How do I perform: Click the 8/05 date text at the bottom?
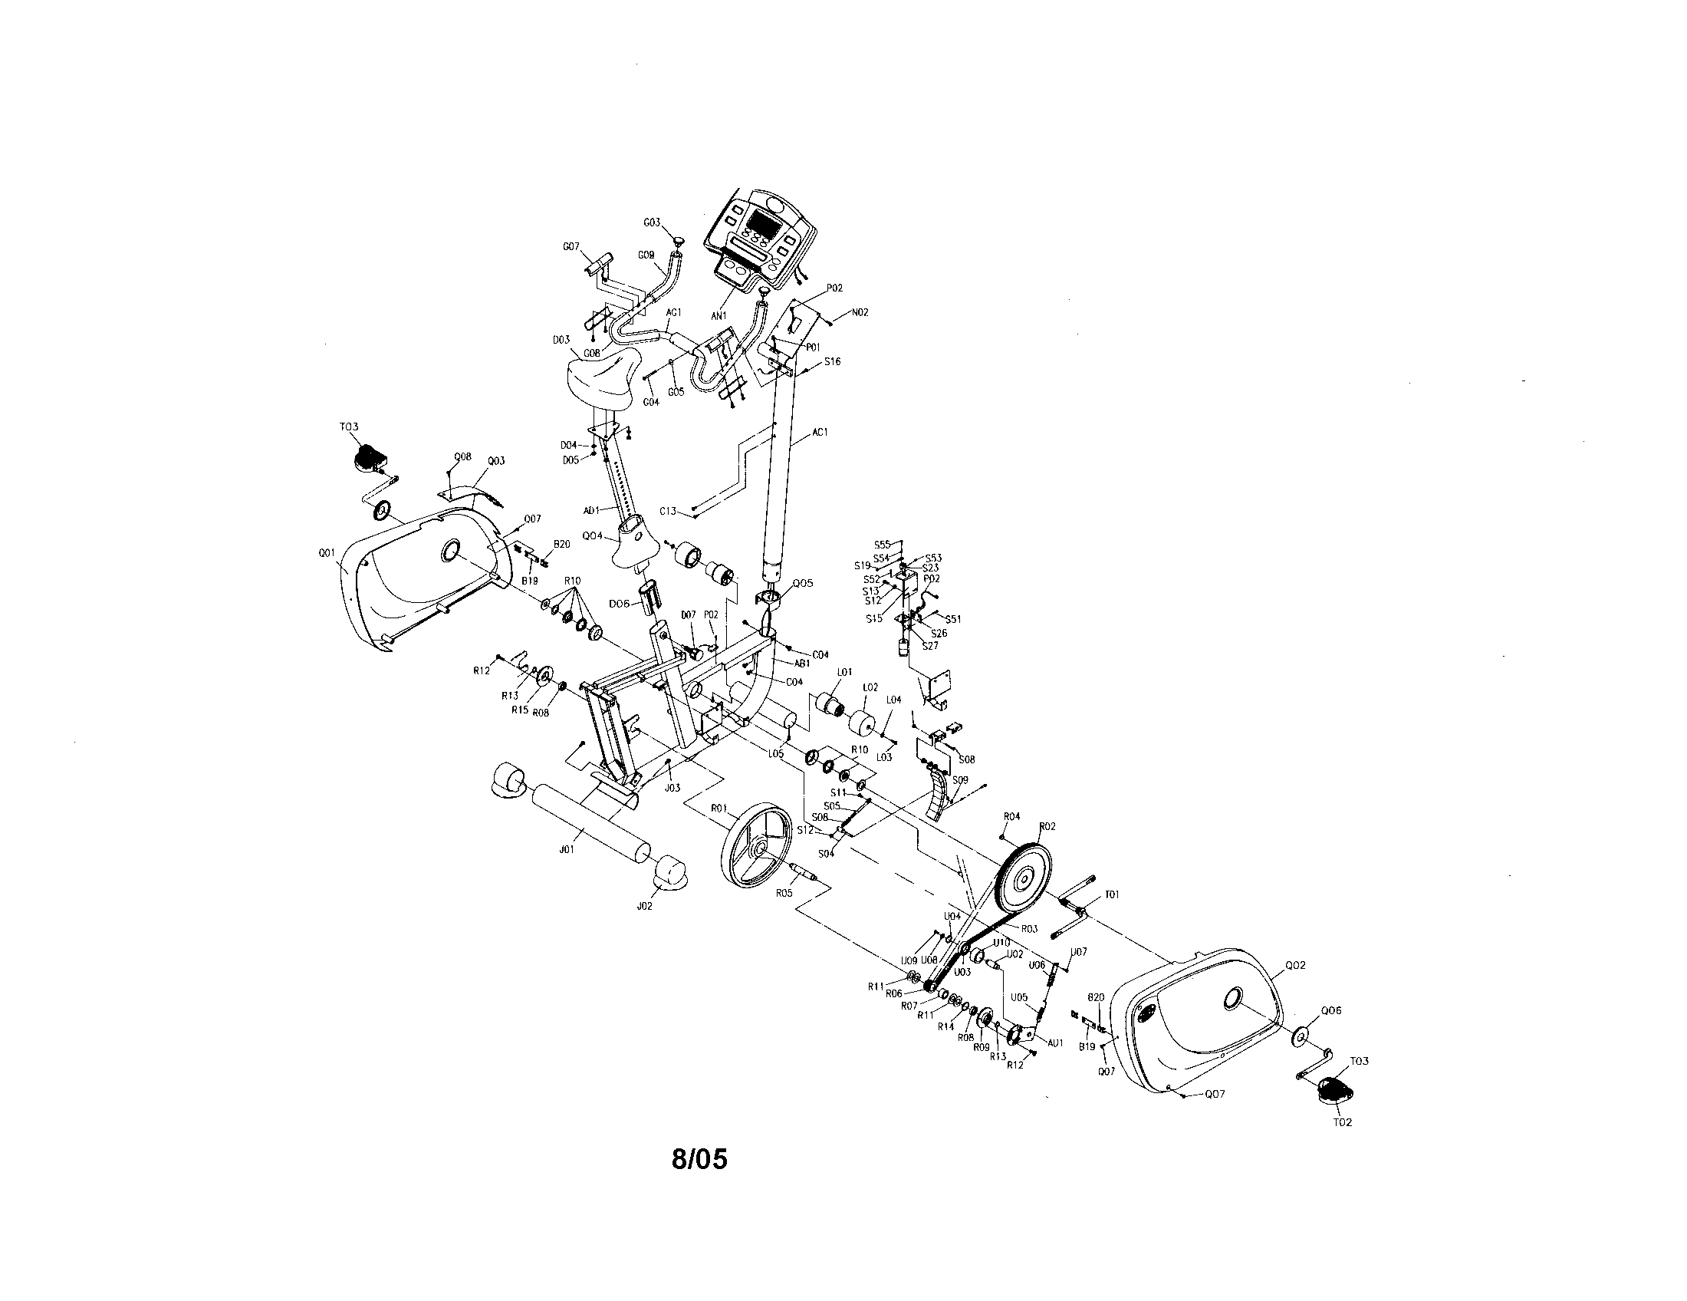[699, 1159]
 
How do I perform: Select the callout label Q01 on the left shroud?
[326, 552]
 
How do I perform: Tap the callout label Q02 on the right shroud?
[1295, 965]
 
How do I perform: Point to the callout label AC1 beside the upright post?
[820, 433]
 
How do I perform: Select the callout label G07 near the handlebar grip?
[571, 246]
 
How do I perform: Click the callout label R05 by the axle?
[784, 892]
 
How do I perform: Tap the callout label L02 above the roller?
[870, 687]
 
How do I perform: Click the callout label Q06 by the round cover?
[1331, 1010]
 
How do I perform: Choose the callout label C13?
[668, 511]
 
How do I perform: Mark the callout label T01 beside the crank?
[1113, 894]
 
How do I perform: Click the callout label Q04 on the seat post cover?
[592, 535]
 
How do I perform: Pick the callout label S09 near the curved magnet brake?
[960, 780]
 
